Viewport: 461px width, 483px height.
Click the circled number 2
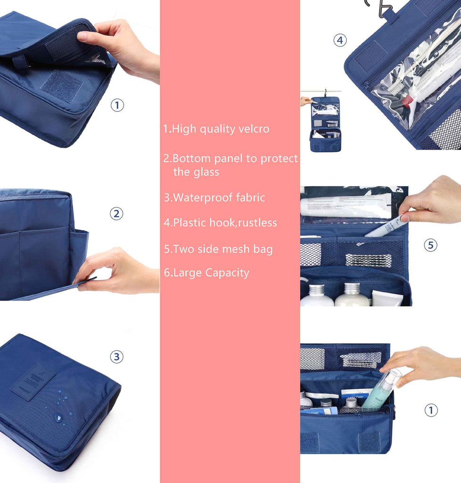coord(117,214)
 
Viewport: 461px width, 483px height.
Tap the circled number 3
coord(117,357)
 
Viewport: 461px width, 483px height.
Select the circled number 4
coord(340,41)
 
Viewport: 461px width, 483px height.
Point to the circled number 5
coord(430,245)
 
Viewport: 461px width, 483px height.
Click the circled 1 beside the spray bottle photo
coord(431,410)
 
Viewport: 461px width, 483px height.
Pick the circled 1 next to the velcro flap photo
coord(117,105)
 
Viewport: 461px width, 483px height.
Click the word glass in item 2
coord(206,172)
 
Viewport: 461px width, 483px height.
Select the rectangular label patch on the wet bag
coord(34,382)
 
